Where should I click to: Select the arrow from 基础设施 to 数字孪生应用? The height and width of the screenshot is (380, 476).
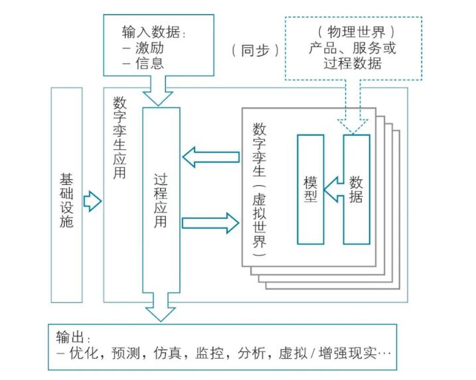pyautogui.click(x=92, y=201)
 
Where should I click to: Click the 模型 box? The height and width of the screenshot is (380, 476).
pyautogui.click(x=310, y=189)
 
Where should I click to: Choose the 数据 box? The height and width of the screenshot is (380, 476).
pyautogui.click(x=357, y=189)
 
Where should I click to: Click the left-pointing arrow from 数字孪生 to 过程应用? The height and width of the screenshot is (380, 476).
pyautogui.click(x=210, y=157)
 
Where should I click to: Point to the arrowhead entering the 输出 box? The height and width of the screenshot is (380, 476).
pyautogui.click(x=161, y=312)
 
